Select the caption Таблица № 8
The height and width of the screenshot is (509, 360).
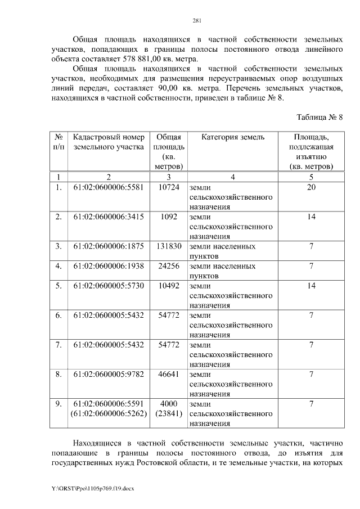319,117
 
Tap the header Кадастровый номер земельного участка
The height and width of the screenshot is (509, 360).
109,142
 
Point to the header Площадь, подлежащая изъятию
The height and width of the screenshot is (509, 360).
311,152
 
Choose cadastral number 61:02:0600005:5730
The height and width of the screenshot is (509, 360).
109,286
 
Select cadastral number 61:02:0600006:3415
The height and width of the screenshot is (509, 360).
109,217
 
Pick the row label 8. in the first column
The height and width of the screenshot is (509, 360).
58,374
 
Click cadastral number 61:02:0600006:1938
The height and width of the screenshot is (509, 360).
109,266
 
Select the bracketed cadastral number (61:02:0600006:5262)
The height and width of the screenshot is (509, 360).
109,414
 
